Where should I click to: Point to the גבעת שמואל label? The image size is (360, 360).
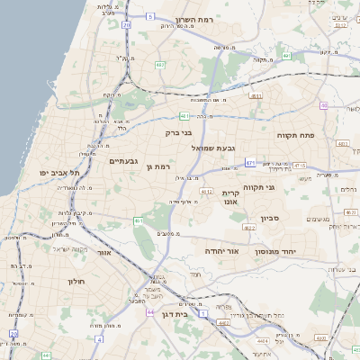click(x=212, y=148)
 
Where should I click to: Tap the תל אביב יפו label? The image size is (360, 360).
click(x=60, y=172)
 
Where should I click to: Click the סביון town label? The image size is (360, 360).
click(x=271, y=218)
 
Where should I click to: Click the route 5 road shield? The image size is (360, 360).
click(x=151, y=16)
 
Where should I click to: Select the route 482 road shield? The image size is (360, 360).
click(x=159, y=65)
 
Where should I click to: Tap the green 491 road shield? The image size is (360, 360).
click(x=285, y=56)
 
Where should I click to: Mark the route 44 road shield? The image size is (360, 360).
click(x=148, y=311)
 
